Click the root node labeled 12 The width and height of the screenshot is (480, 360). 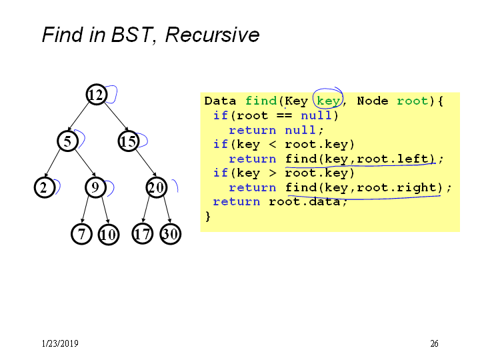[97, 95]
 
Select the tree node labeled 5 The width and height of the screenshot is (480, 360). [67, 141]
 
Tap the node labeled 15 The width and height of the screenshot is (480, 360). [129, 141]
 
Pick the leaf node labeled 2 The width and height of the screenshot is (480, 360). [45, 187]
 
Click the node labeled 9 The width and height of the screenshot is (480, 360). [95, 187]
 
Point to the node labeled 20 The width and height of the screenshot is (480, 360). [157, 187]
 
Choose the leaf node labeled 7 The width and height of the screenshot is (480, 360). [81, 234]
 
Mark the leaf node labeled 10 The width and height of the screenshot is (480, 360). [109, 235]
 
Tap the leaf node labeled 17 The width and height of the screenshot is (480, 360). [143, 234]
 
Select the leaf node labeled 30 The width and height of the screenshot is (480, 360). [171, 234]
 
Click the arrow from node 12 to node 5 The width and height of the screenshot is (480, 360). [79, 117]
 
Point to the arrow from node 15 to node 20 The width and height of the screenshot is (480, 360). [146, 163]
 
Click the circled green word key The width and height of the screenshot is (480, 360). [328, 101]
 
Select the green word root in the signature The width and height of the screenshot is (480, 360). [413, 101]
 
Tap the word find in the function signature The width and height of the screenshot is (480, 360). [261, 101]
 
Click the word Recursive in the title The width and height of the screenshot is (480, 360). [213, 35]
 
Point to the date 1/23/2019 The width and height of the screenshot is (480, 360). [60, 343]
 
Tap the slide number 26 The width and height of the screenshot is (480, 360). [434, 343]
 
